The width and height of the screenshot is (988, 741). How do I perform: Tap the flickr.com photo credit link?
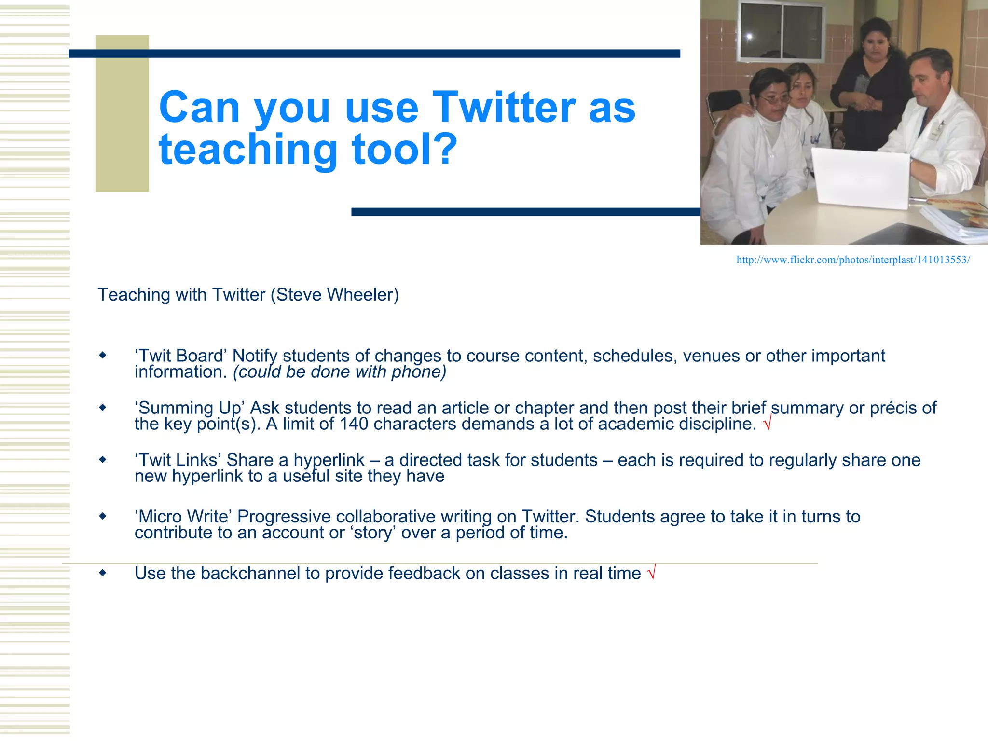852,260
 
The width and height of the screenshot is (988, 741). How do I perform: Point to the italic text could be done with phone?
340,372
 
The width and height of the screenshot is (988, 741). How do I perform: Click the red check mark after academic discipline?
767,423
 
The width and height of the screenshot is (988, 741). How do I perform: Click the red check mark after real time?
651,573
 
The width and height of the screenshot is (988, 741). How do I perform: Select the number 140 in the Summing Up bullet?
354,424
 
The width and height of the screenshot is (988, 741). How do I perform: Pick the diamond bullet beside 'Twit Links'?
102,460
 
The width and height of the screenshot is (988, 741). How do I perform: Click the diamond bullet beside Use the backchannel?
102,573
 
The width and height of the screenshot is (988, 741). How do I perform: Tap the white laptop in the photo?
861,178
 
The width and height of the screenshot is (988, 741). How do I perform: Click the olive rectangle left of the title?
122,113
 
